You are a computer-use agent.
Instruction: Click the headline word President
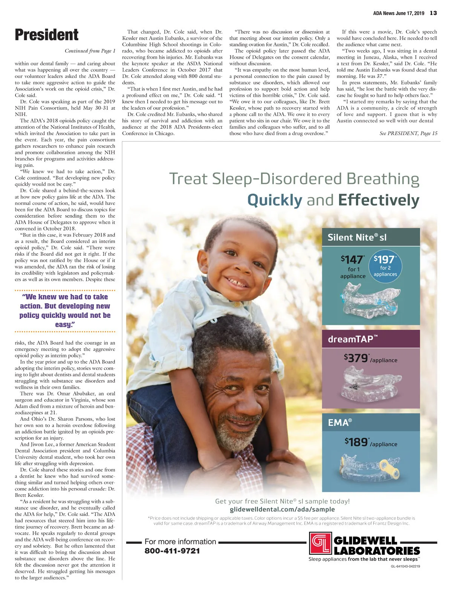point(46,35)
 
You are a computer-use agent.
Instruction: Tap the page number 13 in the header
point(433,13)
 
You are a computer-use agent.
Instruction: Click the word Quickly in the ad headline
point(275,200)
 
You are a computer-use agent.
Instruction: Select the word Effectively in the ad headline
point(378,200)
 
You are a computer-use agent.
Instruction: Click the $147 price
point(352,259)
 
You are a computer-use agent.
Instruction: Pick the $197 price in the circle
point(385,259)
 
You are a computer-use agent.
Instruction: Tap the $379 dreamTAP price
point(356,358)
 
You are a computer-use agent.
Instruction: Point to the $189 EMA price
point(357,442)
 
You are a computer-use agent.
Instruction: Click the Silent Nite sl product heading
point(357,238)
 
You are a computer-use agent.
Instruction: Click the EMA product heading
point(340,423)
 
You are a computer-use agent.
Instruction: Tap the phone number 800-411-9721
point(172,551)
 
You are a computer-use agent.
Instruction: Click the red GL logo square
point(320,543)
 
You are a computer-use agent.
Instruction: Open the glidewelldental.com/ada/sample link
point(282,510)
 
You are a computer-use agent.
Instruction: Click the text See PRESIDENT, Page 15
point(408,133)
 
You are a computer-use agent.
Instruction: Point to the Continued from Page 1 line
point(90,51)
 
